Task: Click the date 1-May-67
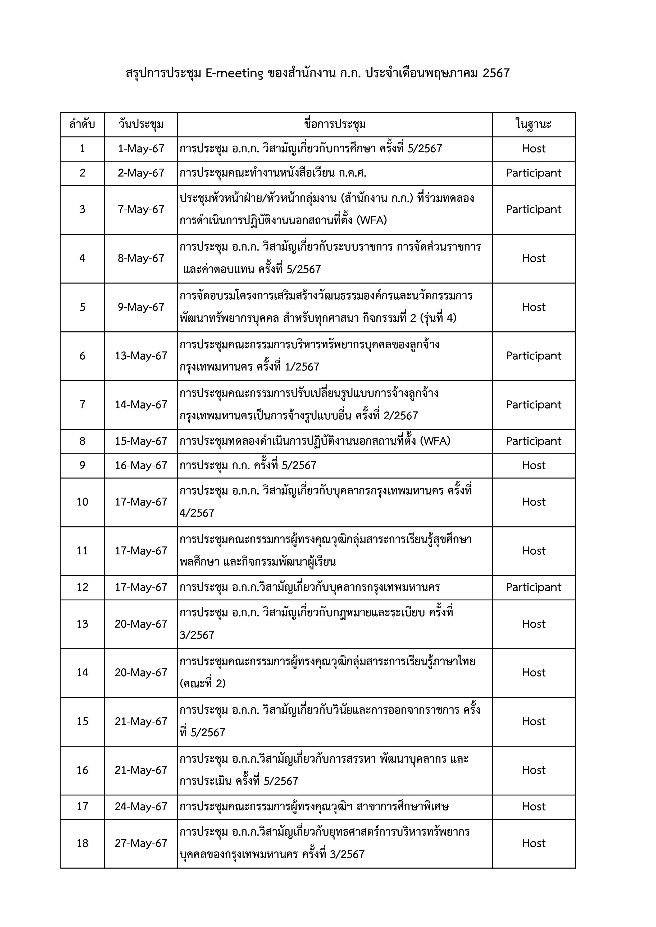[141, 149]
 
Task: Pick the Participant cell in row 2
[534, 173]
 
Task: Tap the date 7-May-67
[141, 210]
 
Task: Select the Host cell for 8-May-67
[534, 258]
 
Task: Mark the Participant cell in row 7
[534, 405]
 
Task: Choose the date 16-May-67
[141, 466]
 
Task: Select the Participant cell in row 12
[534, 587]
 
